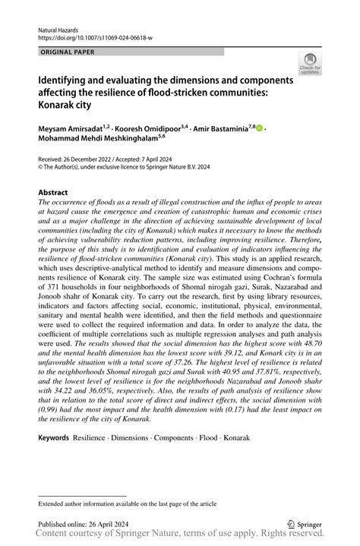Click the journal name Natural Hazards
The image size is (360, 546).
(x=54, y=27)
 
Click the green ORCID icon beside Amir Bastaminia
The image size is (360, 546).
(x=260, y=129)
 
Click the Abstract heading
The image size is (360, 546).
(x=53, y=193)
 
